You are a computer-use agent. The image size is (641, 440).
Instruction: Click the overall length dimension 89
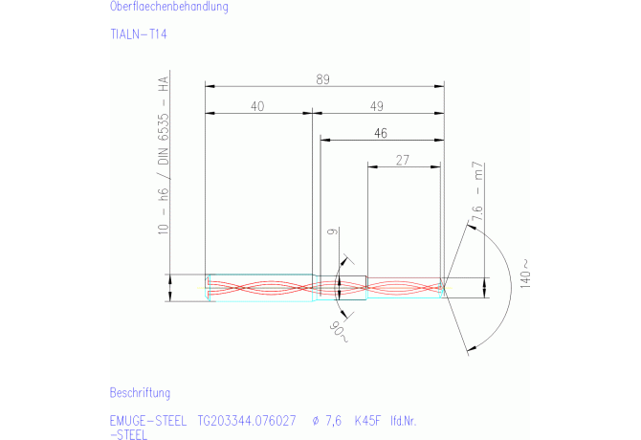click(322, 79)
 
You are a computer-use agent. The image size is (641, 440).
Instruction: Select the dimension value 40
click(257, 106)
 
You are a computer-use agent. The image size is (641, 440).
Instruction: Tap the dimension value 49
click(377, 106)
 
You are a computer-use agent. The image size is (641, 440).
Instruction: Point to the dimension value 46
click(381, 133)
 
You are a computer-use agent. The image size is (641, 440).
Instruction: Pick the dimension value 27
click(402, 160)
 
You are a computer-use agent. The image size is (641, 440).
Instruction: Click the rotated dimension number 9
click(333, 231)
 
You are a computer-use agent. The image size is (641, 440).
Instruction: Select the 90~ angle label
click(339, 332)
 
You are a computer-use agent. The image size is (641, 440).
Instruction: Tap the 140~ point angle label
click(525, 274)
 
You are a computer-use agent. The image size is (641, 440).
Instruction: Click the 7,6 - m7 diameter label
click(477, 191)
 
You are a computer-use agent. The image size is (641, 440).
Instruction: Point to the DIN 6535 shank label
click(163, 139)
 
